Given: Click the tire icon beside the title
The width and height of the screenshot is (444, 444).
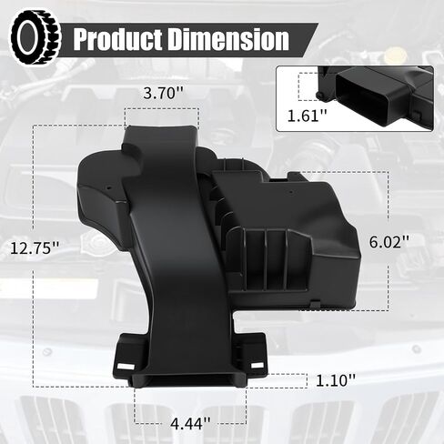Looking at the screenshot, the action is [35, 37].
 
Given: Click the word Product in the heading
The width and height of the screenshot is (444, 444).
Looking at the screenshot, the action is [117, 39].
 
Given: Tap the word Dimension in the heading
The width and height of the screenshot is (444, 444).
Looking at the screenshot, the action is [228, 39].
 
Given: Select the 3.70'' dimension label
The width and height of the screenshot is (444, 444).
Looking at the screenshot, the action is [164, 94].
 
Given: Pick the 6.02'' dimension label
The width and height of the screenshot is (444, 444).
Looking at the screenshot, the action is [389, 242].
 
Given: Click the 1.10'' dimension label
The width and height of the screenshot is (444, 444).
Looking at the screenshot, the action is [336, 380].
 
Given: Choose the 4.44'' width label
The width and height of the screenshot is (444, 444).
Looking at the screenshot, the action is [190, 423].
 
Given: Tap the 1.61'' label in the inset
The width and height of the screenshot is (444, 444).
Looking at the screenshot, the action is [308, 116].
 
